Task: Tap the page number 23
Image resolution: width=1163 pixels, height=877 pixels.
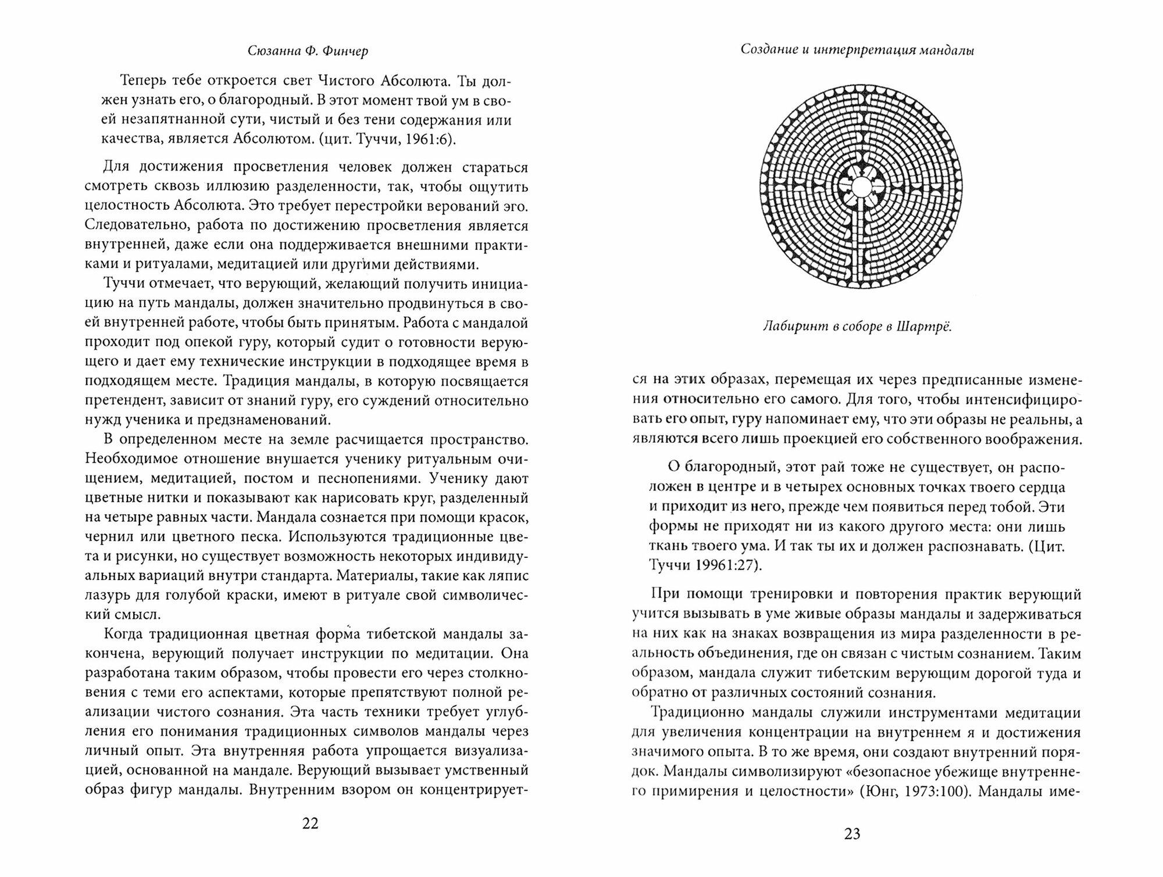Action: coord(852,834)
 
